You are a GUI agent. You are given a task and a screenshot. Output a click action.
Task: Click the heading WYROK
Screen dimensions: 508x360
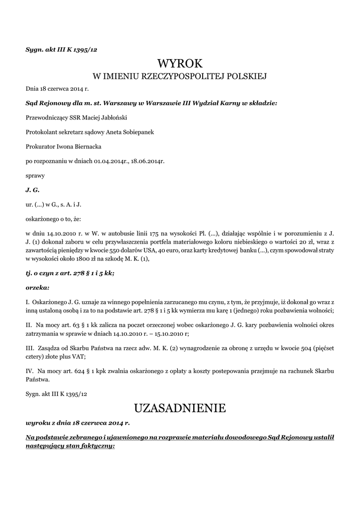coord(180,63)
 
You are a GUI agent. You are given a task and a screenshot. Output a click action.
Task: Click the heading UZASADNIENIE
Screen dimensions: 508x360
coord(180,408)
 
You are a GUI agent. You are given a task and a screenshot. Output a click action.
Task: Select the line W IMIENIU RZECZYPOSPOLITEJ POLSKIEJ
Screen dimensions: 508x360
coord(180,76)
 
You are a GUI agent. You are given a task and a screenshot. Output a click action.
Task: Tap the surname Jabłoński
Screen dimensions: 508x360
coord(120,118)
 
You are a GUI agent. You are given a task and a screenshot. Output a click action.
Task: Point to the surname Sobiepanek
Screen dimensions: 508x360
coord(126,132)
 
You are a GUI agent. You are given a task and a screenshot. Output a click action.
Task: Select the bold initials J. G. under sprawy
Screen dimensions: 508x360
coord(32,190)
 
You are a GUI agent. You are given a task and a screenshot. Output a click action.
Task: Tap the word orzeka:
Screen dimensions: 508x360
coord(37,287)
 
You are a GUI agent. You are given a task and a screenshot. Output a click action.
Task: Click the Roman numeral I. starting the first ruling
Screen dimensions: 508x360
coord(28,302)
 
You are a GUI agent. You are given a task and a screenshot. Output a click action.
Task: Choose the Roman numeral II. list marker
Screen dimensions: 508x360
coord(29,324)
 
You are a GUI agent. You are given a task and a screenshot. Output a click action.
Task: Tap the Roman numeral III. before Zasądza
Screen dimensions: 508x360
coord(30,347)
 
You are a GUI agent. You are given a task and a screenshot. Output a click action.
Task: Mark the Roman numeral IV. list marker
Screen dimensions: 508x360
coord(30,370)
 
